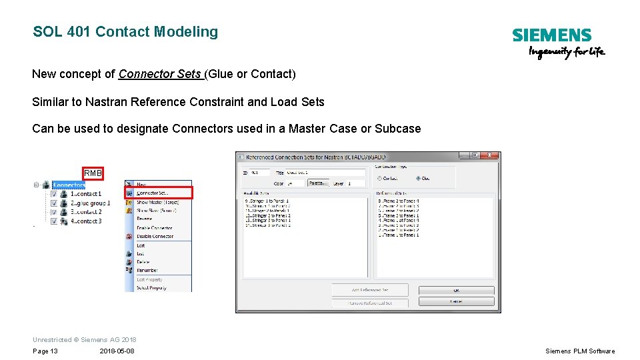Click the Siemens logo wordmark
click(551, 35)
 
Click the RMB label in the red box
click(93, 173)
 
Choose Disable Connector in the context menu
click(155, 236)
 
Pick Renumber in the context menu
click(147, 270)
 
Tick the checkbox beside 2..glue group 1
click(54, 203)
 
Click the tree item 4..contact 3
click(87, 221)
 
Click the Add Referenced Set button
click(370, 290)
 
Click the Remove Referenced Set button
click(370, 303)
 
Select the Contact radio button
click(379, 178)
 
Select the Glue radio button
click(419, 178)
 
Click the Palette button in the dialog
click(317, 183)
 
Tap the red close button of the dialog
click(491, 155)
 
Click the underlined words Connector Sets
click(160, 74)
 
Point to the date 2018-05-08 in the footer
click(117, 351)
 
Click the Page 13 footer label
click(45, 351)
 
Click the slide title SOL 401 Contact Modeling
click(125, 32)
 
